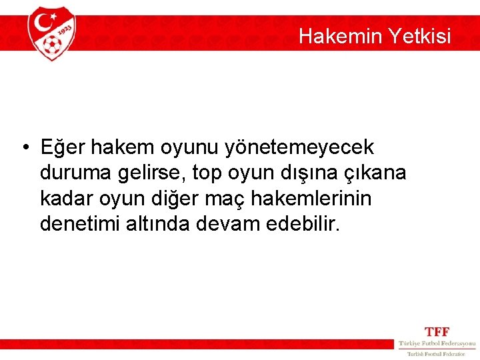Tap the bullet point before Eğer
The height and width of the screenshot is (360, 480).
[x=24, y=146]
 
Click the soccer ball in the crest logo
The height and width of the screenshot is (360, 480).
[x=51, y=45]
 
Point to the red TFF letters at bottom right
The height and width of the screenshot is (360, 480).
[x=437, y=331]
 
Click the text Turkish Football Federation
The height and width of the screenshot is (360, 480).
[x=437, y=353]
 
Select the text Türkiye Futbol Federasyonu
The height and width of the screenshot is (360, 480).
[x=437, y=343]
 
